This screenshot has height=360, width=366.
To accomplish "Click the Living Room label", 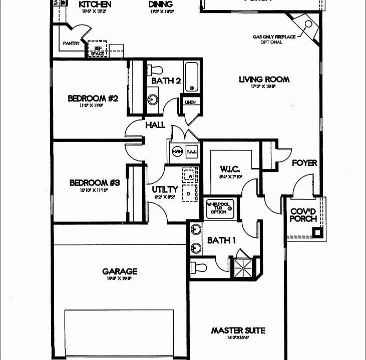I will [x=264, y=79].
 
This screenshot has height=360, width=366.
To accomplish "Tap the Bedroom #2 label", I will [x=93, y=98].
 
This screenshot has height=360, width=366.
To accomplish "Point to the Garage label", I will [x=120, y=271].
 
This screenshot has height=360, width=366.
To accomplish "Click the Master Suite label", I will [x=238, y=330].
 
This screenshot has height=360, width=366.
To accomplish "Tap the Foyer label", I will [x=304, y=163].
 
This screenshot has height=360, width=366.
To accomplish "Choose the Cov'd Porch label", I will [x=303, y=215].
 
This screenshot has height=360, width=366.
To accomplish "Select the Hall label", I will [x=155, y=124].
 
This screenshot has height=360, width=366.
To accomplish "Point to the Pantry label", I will [x=72, y=43].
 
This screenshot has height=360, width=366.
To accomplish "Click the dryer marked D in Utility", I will [x=189, y=192].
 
